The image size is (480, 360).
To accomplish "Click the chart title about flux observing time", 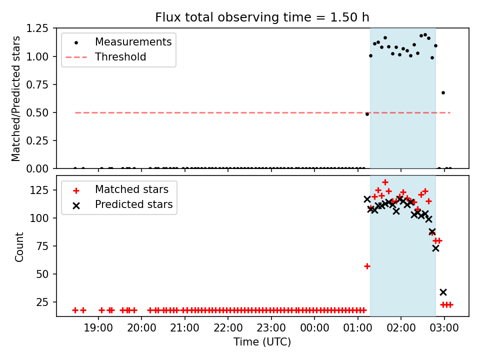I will point(262,17).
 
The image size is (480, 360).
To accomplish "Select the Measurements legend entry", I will point(133,41).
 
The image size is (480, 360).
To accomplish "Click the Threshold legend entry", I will point(120,57).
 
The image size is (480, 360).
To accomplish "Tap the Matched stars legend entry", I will point(131,190).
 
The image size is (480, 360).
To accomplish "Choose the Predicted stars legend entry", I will point(133,204).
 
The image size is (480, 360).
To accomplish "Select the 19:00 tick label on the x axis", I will point(98,328).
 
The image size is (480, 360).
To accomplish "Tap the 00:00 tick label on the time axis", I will point(314,328).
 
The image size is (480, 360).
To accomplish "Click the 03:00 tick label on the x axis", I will point(444,328).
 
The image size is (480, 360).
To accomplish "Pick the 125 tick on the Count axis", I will point(44,190).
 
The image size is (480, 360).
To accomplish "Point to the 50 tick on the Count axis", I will point(46,274).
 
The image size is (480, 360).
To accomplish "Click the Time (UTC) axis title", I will point(262,342).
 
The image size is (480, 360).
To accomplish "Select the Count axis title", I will point(19,246).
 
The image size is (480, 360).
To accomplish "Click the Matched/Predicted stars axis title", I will point(16,98).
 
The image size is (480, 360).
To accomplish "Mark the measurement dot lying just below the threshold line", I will point(367,114).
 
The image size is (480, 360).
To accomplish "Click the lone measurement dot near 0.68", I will point(443,92).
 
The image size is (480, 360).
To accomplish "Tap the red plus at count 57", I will point(367,266).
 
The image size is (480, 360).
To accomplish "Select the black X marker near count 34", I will point(443,292).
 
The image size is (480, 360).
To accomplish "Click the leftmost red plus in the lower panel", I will point(75,310).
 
